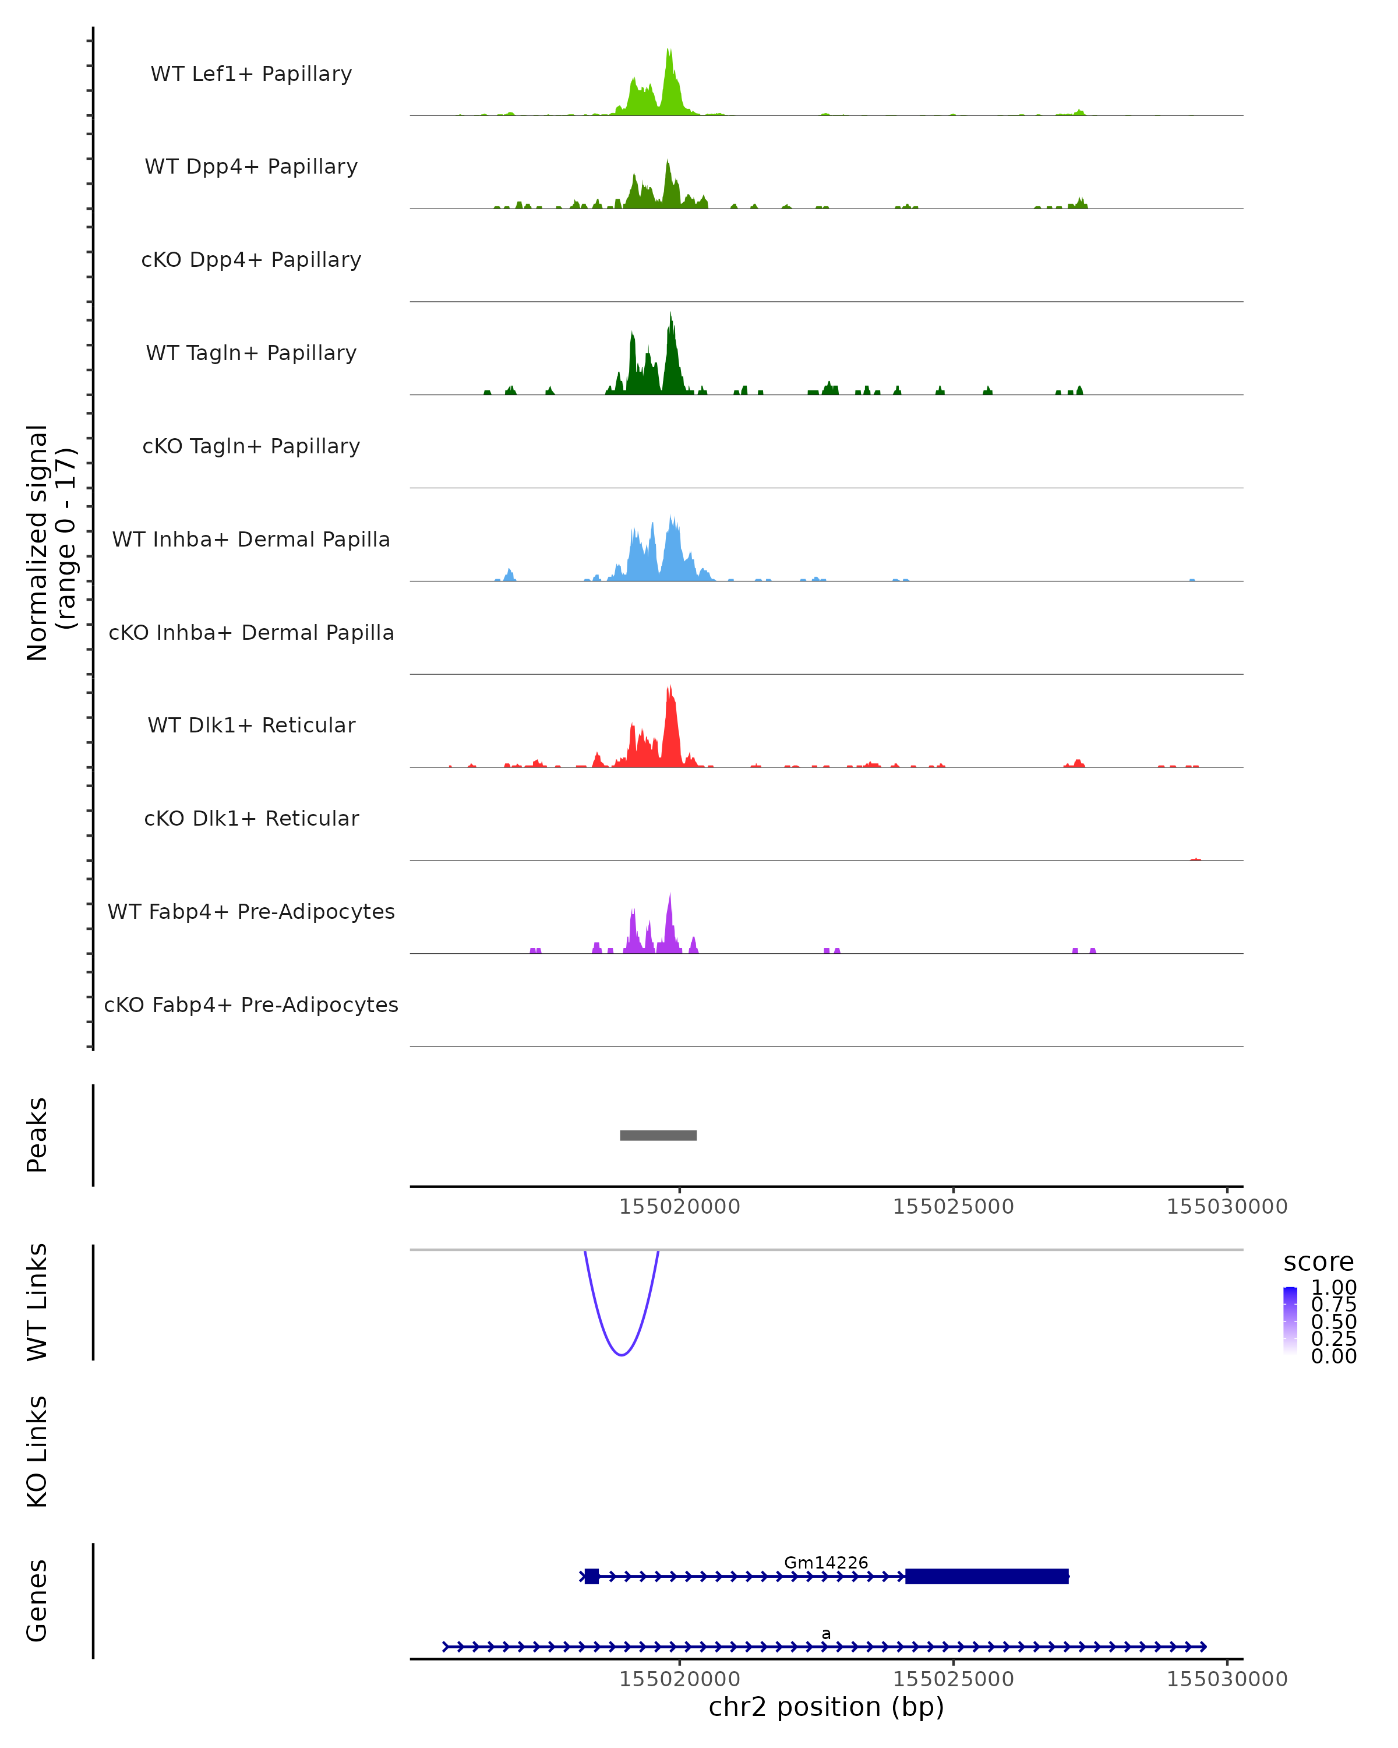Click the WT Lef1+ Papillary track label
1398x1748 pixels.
coord(251,74)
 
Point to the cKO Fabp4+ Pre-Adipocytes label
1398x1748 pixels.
coord(251,1005)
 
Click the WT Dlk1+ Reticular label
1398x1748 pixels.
coord(251,725)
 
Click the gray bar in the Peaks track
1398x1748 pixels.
coord(658,1135)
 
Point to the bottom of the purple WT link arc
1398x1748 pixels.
coord(622,1355)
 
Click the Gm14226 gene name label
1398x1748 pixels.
coord(826,1562)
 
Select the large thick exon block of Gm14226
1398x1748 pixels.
coord(986,1576)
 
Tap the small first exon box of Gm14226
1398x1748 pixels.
coord(592,1576)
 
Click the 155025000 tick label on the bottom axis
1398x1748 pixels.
coord(953,1679)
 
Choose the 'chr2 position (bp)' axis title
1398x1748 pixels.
coord(826,1707)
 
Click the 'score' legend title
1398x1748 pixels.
coord(1319,1263)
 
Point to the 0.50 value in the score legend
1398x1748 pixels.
coord(1333,1321)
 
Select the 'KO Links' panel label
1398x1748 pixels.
coord(37,1451)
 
